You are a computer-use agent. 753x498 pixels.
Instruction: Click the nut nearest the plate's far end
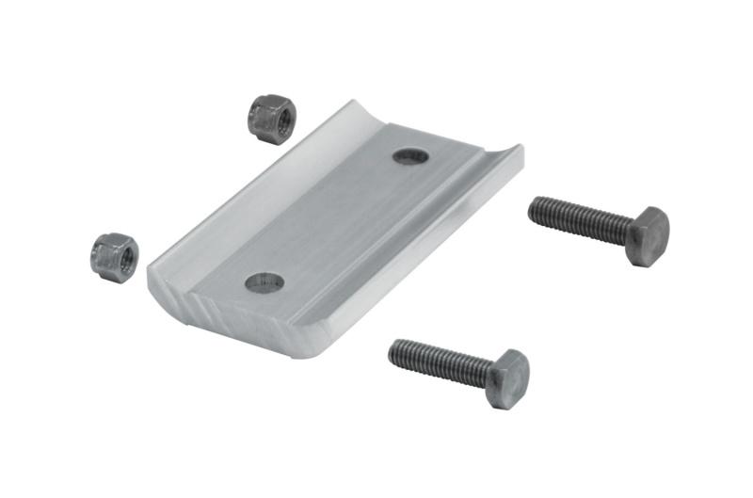pyautogui.click(x=272, y=119)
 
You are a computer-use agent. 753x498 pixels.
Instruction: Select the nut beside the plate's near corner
pyautogui.click(x=115, y=257)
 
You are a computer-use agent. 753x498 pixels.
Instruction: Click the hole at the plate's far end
pyautogui.click(x=410, y=155)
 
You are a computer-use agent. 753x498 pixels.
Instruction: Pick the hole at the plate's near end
pyautogui.click(x=264, y=281)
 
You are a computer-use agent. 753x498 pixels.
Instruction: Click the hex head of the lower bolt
pyautogui.click(x=508, y=378)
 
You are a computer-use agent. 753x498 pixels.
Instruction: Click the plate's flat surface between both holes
pyautogui.click(x=334, y=218)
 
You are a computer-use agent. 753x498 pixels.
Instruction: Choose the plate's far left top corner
pyautogui.click(x=350, y=102)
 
